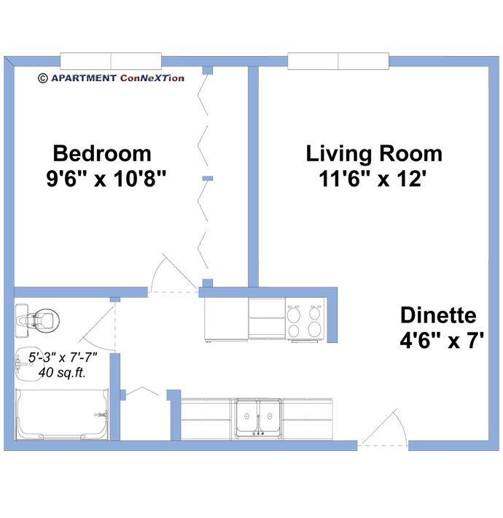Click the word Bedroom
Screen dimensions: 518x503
click(x=102, y=154)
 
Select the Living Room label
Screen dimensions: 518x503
click(x=374, y=154)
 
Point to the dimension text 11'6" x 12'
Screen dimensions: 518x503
click(x=372, y=179)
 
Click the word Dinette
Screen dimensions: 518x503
click(x=438, y=316)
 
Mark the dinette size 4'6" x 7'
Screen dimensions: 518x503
click(x=442, y=341)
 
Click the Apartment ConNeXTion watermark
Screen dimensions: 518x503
click(x=110, y=77)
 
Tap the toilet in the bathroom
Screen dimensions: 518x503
click(x=36, y=319)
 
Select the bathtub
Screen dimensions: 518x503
click(x=61, y=415)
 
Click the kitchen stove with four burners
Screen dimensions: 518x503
click(x=305, y=322)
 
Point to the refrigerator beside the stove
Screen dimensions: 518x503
click(x=225, y=320)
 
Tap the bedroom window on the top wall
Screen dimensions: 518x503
click(x=110, y=61)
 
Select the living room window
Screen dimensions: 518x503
click(x=338, y=61)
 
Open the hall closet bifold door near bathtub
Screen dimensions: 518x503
click(x=146, y=394)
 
